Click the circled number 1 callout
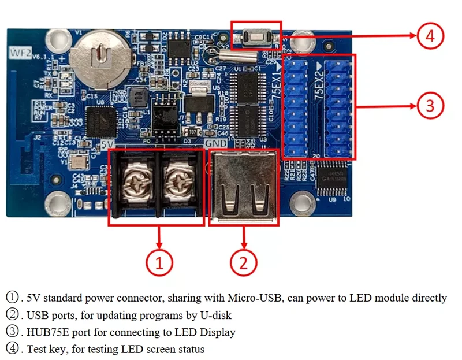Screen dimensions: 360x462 click(x=159, y=263)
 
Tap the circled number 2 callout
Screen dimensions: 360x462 click(x=243, y=263)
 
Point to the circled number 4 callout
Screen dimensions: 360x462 click(x=429, y=36)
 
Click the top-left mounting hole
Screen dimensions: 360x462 click(x=57, y=40)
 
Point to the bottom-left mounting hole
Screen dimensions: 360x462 click(x=57, y=202)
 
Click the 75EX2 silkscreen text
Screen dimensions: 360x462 click(x=318, y=86)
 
